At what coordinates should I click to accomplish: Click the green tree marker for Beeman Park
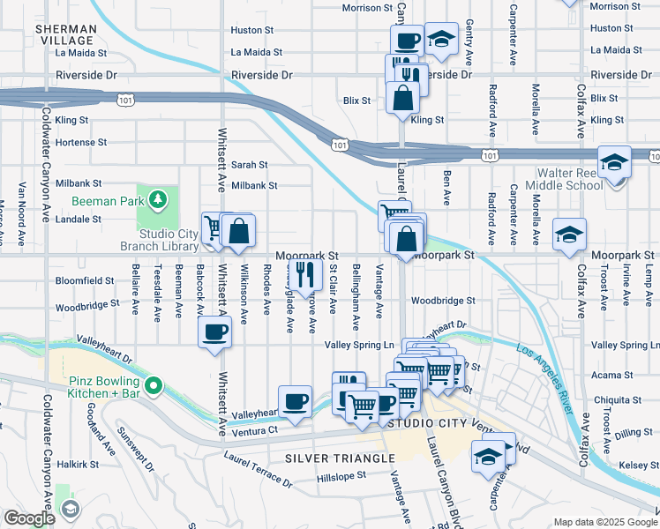pos(158,200)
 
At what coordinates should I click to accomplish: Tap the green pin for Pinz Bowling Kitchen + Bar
pos(154,384)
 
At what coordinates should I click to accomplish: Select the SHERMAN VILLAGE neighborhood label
pos(64,35)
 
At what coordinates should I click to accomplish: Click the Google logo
pos(28,518)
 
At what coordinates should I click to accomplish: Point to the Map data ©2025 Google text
pos(605,522)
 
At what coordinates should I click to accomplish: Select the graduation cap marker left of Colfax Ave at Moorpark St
pos(570,235)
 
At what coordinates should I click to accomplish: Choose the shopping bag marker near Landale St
pos(238,232)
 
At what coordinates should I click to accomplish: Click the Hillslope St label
pos(341,476)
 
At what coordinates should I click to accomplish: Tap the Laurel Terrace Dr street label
pos(258,469)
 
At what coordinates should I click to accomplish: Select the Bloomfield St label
pos(85,280)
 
